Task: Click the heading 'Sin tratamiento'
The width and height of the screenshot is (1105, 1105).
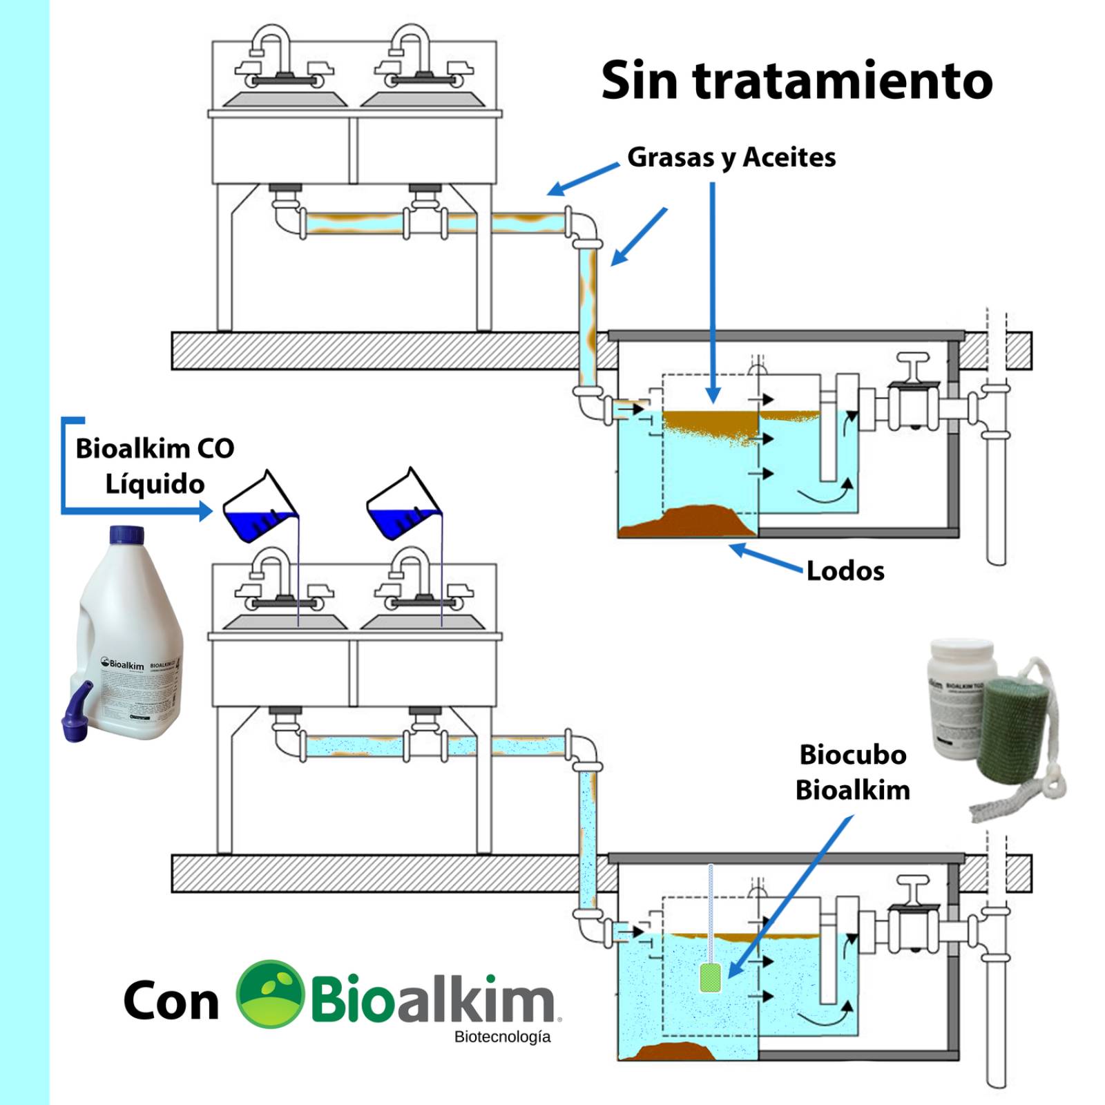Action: tap(796, 81)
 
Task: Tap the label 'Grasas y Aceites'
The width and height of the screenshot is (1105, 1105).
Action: tap(731, 157)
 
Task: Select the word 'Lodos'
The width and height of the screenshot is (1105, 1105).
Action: tap(845, 571)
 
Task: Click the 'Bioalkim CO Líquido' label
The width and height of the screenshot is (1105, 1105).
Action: tap(155, 466)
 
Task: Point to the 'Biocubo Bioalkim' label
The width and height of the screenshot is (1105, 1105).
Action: tap(852, 772)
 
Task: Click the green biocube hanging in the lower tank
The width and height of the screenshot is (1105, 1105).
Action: tap(711, 977)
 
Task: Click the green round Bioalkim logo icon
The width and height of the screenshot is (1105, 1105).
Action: tap(270, 994)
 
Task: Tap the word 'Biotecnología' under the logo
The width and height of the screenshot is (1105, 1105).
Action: tap(502, 1037)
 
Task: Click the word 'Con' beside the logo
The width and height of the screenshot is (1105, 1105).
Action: tap(171, 1001)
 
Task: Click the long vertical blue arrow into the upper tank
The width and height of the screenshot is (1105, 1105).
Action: tap(713, 290)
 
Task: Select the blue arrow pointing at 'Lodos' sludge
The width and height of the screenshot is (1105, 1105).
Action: tap(767, 558)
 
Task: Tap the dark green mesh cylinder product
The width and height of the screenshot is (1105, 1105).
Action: tap(1012, 726)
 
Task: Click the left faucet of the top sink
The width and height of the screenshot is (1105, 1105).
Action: tap(271, 55)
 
